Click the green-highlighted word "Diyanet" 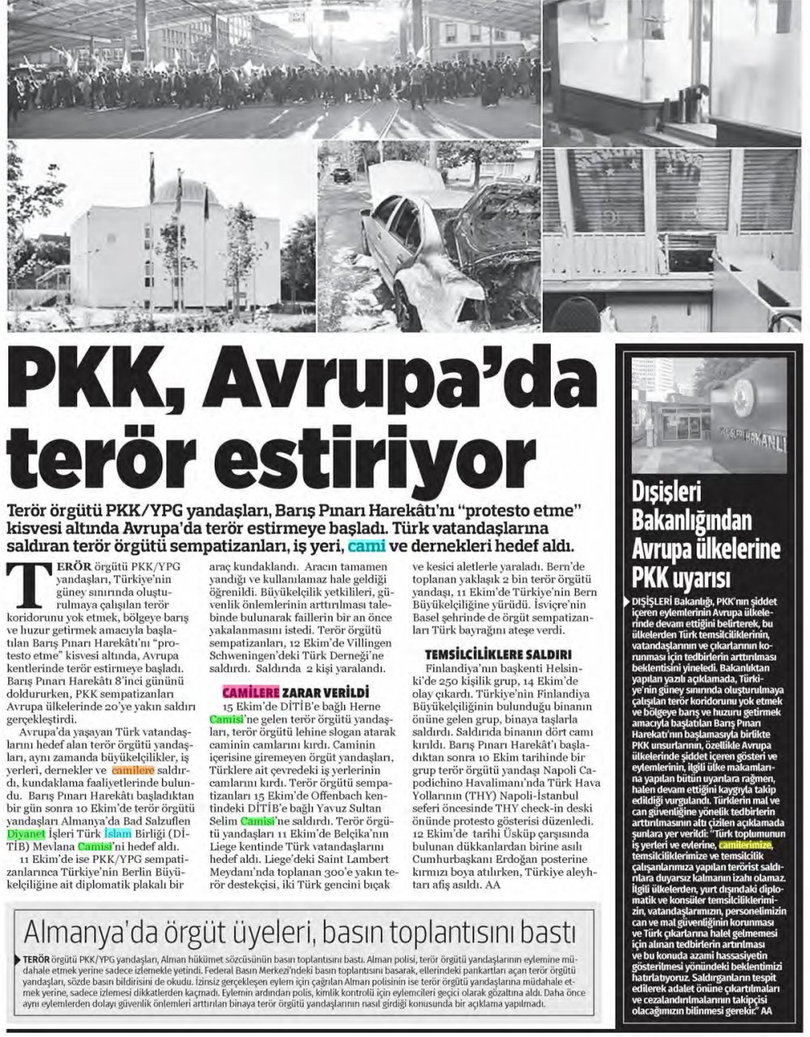click(x=27, y=830)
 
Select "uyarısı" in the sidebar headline click(x=691, y=578)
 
